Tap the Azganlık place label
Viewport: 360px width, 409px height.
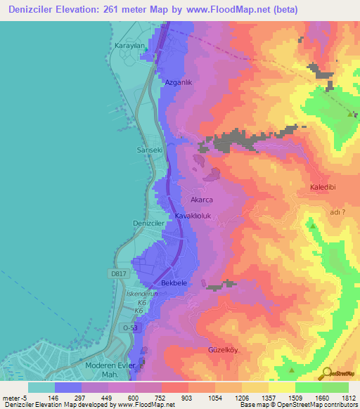tap(178, 82)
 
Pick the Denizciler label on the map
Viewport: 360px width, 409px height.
tap(148, 223)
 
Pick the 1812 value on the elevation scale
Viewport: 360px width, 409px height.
tap(349, 397)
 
